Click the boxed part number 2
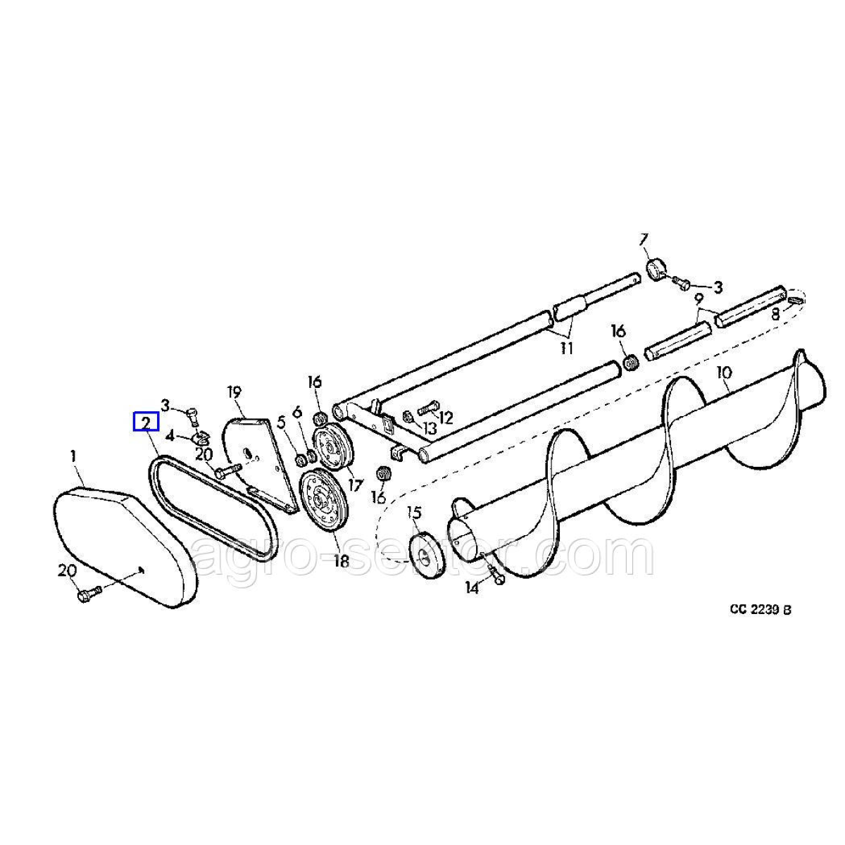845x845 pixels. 146,423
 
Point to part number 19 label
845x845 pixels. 234,392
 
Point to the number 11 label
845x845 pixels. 567,349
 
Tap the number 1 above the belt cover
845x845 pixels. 73,456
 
